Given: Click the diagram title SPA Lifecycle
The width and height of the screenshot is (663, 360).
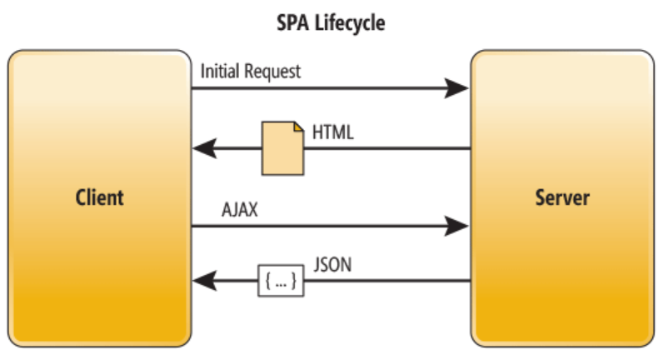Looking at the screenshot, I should pyautogui.click(x=331, y=22).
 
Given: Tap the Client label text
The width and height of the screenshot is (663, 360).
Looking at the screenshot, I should pyautogui.click(x=99, y=197).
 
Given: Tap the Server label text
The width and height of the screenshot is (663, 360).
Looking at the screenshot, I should pyautogui.click(x=562, y=197).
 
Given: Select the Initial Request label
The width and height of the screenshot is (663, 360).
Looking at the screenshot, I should pyautogui.click(x=251, y=71).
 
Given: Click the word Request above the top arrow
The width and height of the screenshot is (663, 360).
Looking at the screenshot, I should pyautogui.click(x=272, y=71).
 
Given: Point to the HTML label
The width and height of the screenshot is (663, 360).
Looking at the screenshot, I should pyautogui.click(x=333, y=133).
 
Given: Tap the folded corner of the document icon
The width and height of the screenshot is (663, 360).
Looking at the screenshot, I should pyautogui.click(x=297, y=127).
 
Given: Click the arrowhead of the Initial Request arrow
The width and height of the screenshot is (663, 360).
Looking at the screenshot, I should pyautogui.click(x=456, y=87).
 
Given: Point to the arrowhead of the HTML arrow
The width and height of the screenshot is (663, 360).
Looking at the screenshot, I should pyautogui.click(x=205, y=149).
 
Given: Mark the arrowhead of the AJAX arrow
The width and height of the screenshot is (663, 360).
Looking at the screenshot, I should pyautogui.click(x=456, y=224).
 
